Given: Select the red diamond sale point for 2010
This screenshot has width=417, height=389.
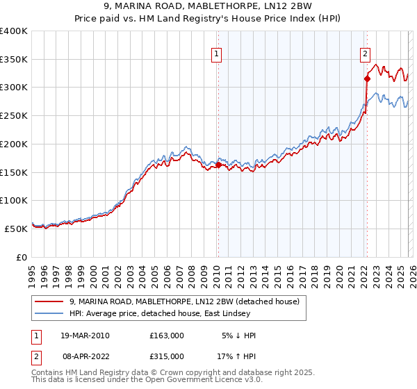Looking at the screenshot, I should pyautogui.click(x=218, y=165).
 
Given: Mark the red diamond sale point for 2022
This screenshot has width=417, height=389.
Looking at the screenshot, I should pyautogui.click(x=367, y=78).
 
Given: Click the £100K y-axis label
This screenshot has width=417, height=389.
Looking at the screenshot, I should pyautogui.click(x=14, y=200).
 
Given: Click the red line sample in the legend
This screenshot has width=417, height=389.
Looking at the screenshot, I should pyautogui.click(x=49, y=302).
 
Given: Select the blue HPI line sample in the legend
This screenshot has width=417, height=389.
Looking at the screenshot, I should pyautogui.click(x=49, y=313).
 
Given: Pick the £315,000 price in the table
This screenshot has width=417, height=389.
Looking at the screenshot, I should pyautogui.click(x=167, y=354).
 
